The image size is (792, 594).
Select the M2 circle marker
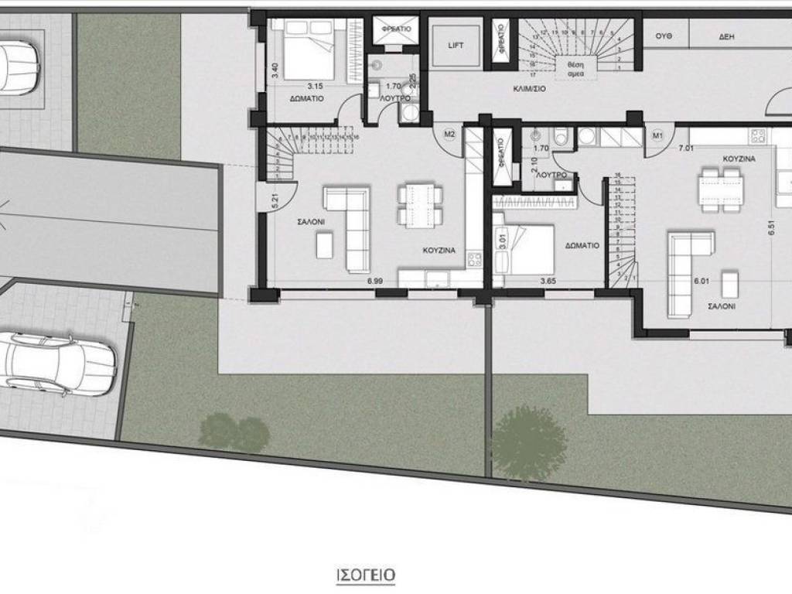pos(449,135)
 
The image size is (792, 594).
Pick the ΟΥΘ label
pos(663,36)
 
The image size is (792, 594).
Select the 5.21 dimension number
pos(275,201)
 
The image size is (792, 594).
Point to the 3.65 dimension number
pos(548,281)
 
